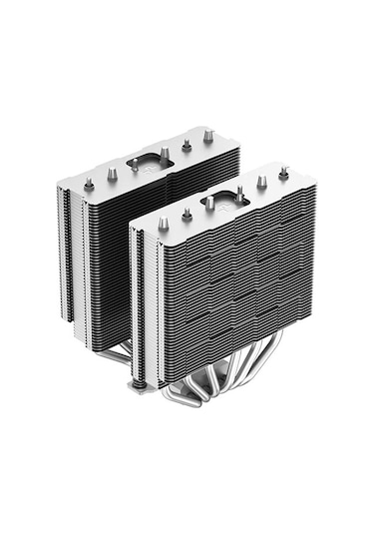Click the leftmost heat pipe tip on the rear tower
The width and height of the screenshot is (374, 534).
89,183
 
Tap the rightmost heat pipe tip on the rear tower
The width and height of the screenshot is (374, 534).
208,136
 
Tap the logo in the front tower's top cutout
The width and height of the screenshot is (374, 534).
224,200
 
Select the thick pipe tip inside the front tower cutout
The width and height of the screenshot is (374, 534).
210,203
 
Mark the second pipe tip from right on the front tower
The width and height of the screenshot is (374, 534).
261,182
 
